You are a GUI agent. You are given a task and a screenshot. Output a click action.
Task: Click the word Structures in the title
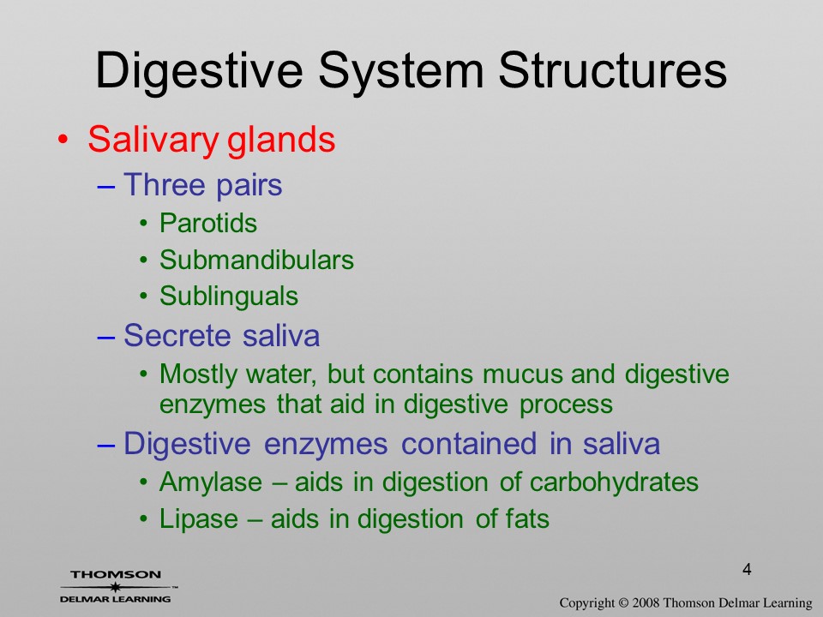click(612, 71)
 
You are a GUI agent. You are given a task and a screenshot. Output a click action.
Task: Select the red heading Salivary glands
click(212, 140)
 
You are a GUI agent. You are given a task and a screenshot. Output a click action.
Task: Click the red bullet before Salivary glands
click(63, 140)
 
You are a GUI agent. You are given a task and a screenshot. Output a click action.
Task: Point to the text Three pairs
click(202, 185)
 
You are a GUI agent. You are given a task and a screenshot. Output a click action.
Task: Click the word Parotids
click(208, 223)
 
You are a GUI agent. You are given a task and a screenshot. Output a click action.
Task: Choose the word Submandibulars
click(256, 260)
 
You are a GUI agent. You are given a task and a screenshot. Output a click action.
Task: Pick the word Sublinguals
click(229, 296)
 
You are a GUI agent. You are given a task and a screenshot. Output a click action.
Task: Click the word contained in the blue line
click(469, 443)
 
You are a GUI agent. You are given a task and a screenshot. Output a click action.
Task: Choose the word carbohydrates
click(614, 482)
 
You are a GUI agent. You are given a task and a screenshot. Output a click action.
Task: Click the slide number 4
click(747, 569)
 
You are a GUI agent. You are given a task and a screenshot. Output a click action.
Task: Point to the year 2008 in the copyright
click(646, 603)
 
